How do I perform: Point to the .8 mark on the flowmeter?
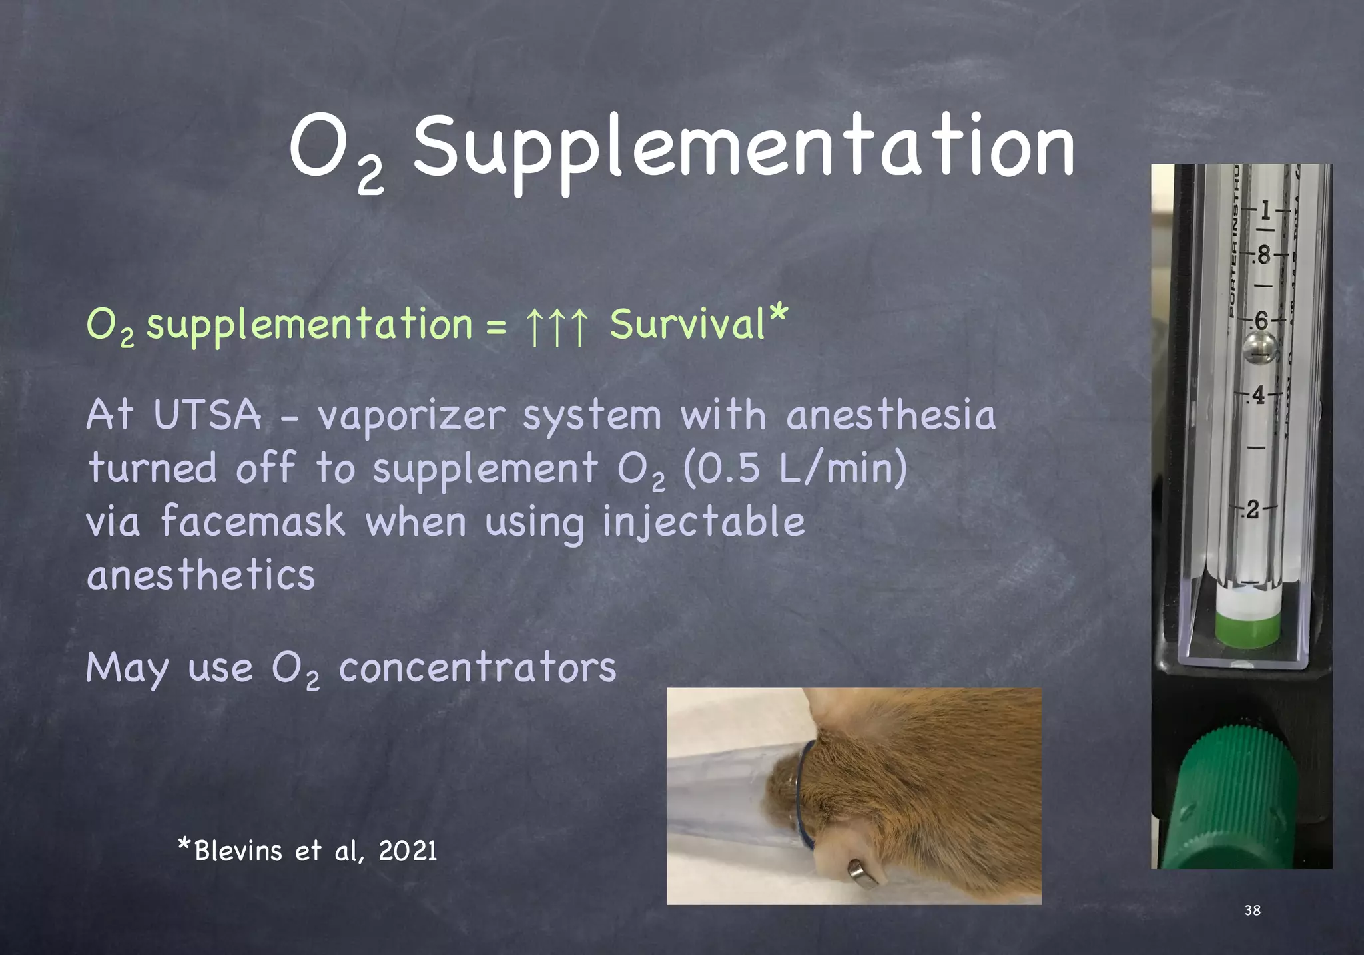click(1261, 255)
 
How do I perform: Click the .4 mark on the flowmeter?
click(1257, 396)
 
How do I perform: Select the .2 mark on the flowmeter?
click(1253, 510)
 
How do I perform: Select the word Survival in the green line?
click(687, 325)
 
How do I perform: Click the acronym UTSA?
click(207, 415)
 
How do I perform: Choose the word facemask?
click(252, 522)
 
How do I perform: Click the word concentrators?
click(478, 668)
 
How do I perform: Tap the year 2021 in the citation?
click(408, 851)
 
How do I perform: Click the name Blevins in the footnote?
click(238, 851)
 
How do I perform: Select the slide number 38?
click(1252, 910)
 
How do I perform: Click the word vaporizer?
click(411, 417)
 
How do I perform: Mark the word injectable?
click(703, 522)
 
